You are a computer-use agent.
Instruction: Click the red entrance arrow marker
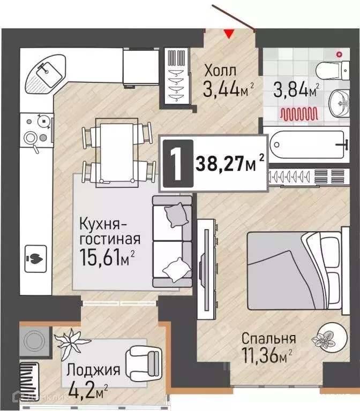229,34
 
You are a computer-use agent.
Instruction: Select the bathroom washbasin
338,101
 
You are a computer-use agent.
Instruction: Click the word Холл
220,71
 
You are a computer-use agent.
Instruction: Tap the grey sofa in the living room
171,241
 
